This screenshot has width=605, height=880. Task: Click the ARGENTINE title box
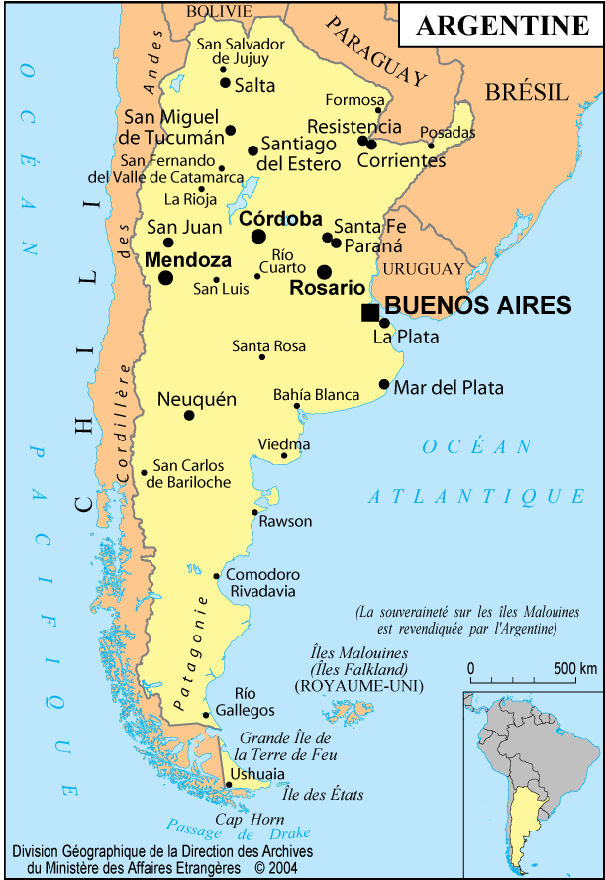click(500, 25)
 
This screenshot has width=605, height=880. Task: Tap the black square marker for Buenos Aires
click(370, 313)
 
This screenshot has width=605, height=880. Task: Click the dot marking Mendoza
click(165, 278)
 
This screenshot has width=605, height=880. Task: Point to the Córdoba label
click(280, 218)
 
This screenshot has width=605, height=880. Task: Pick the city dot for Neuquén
click(189, 415)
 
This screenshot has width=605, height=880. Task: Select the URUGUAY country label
click(423, 269)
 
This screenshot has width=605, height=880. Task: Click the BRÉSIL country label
click(527, 93)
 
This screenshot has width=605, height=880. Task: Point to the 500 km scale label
click(574, 668)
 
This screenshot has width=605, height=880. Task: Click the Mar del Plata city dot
click(384, 384)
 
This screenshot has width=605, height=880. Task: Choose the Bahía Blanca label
click(317, 395)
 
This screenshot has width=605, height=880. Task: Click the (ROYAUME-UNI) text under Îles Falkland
click(358, 685)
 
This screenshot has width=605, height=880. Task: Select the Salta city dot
click(225, 83)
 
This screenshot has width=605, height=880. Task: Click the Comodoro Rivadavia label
click(262, 582)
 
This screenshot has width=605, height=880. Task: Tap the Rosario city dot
click(324, 272)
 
